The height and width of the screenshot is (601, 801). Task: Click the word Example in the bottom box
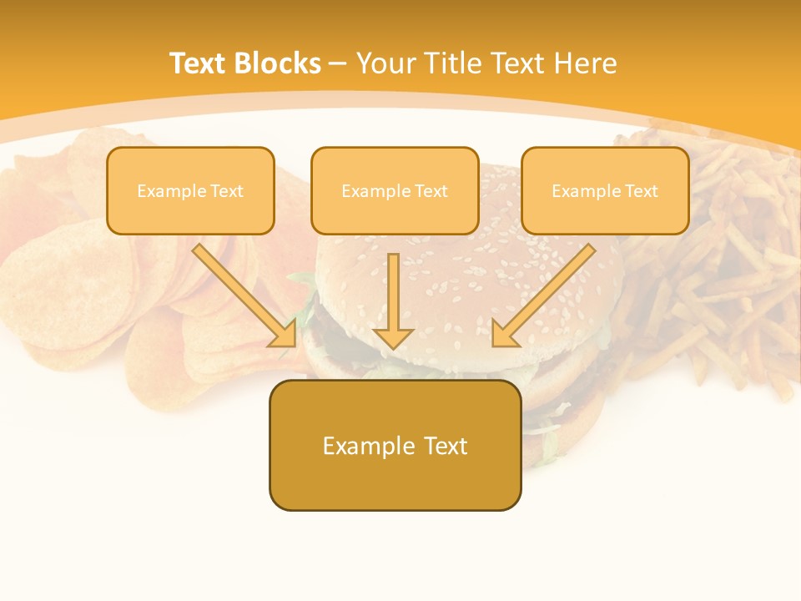tap(368, 446)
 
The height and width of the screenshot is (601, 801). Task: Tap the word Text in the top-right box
tap(642, 191)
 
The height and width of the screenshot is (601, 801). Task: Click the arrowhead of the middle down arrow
tap(393, 337)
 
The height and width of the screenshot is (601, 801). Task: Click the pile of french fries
tap(726, 275)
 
